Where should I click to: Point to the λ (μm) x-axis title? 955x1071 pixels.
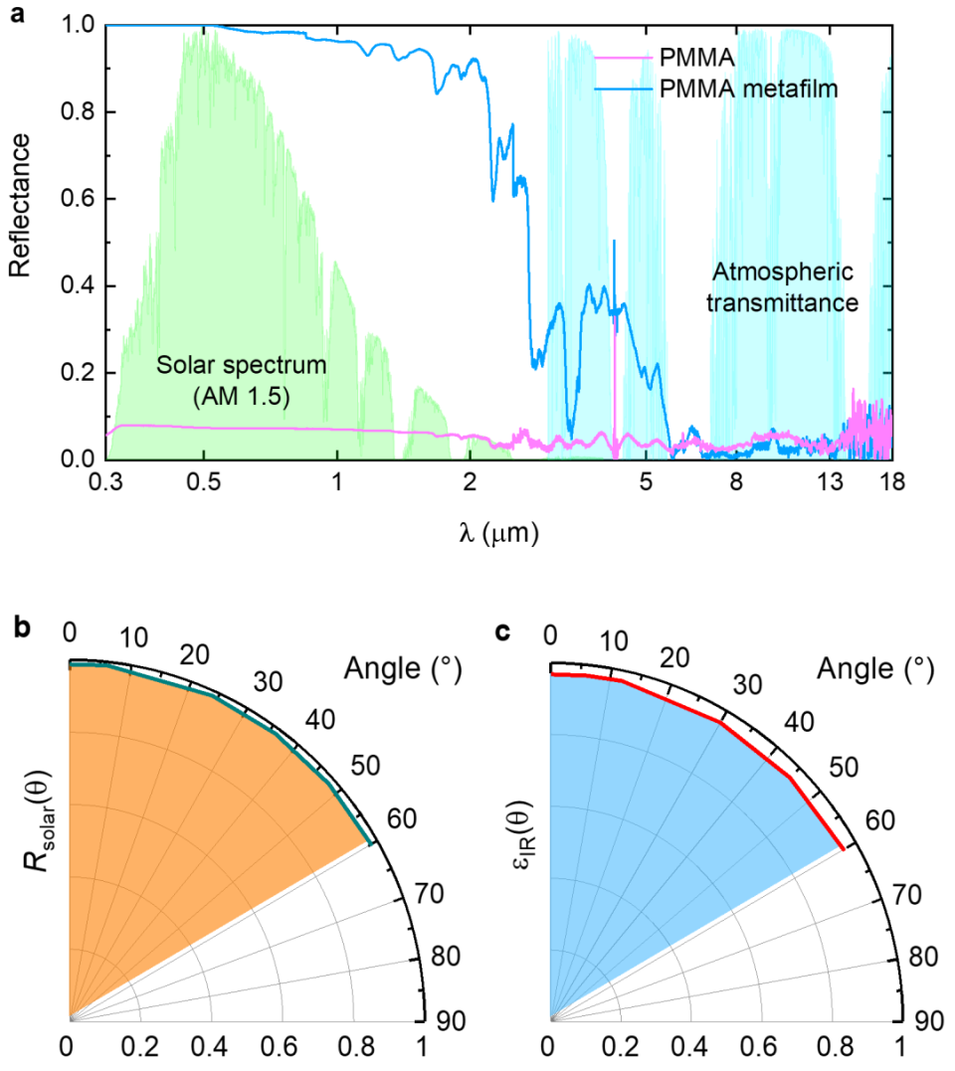499,534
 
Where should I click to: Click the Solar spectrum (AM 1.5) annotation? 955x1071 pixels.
241,380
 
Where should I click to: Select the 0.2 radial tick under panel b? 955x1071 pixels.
139,1048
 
